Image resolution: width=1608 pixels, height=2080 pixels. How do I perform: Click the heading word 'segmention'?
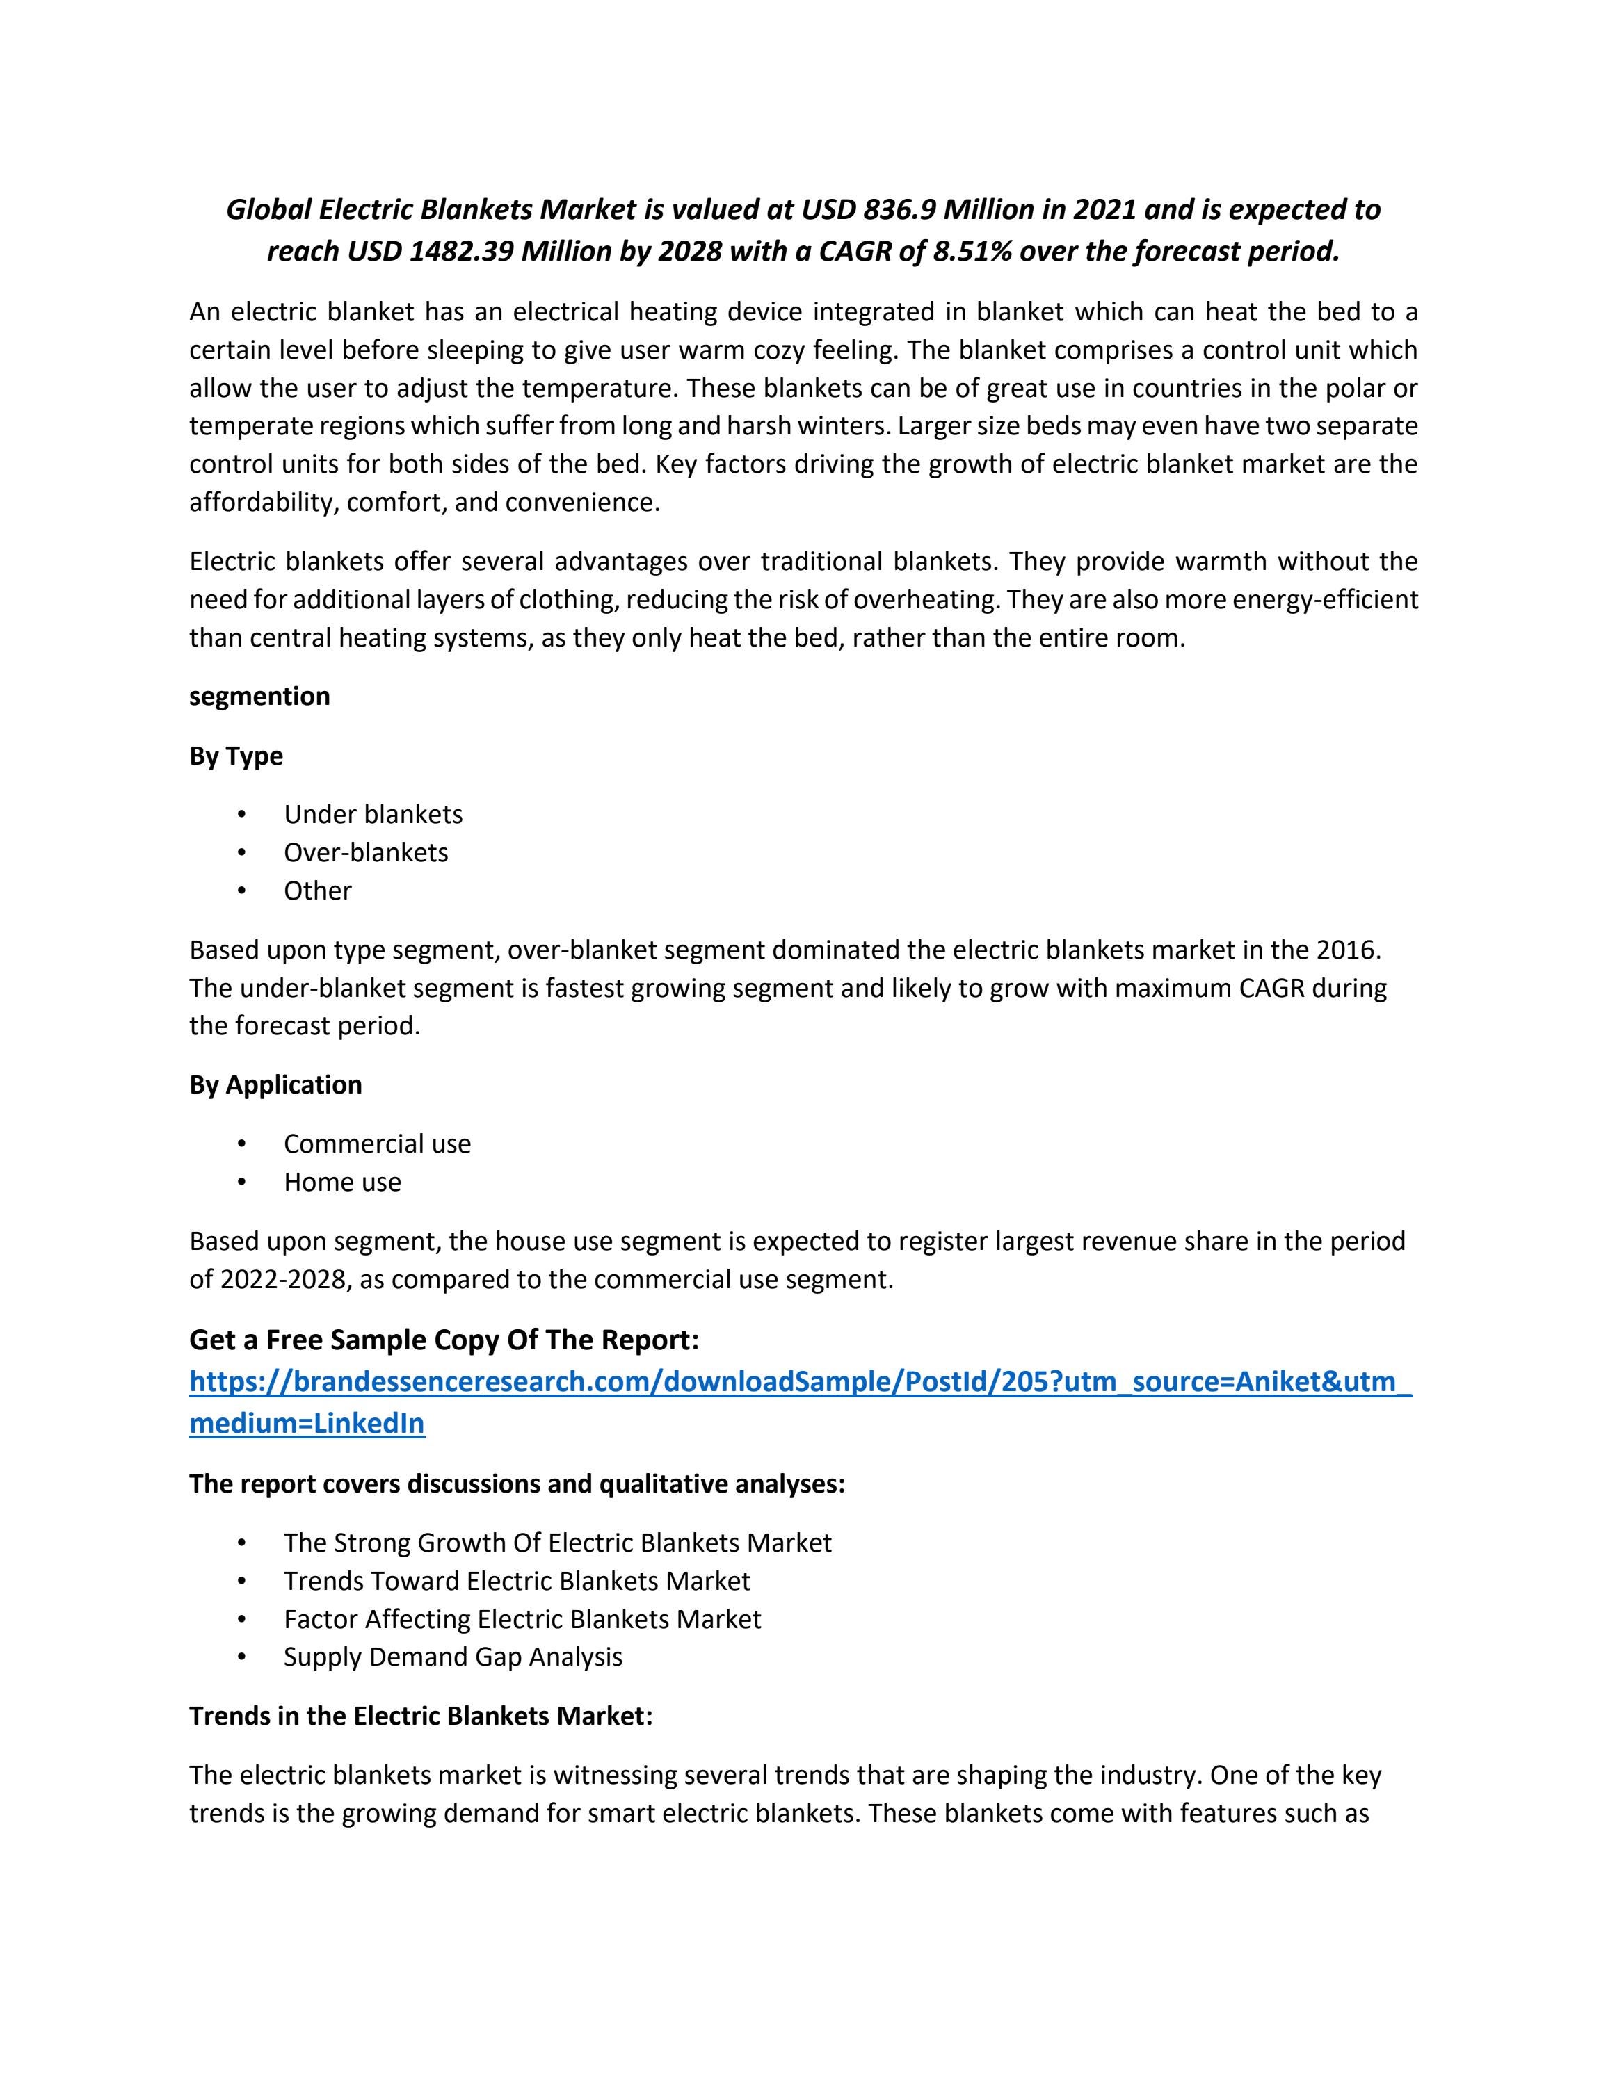[x=259, y=696]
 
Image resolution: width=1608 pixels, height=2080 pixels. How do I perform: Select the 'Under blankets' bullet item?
[x=373, y=814]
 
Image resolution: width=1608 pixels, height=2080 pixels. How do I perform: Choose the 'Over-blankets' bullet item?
[x=365, y=852]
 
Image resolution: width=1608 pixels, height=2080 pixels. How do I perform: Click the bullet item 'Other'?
[x=317, y=891]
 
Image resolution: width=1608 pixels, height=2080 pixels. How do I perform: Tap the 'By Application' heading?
[x=275, y=1084]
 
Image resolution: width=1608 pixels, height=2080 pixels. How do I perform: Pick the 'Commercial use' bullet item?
[x=376, y=1144]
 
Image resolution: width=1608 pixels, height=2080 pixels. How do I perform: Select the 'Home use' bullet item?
[x=342, y=1182]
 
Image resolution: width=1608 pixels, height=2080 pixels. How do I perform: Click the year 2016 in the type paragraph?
[x=1345, y=950]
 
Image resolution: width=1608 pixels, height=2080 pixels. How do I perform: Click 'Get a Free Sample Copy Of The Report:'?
[x=444, y=1340]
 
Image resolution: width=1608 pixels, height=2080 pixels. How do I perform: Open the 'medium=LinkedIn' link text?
[x=307, y=1424]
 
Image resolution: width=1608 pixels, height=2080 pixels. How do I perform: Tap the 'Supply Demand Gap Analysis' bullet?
[x=453, y=1657]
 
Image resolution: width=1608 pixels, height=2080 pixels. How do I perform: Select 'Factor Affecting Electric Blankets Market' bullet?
[x=522, y=1619]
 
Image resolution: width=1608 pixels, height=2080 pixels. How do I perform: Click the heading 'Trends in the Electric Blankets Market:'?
[x=420, y=1716]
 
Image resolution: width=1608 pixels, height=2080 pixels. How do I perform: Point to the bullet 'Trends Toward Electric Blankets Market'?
[x=516, y=1581]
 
